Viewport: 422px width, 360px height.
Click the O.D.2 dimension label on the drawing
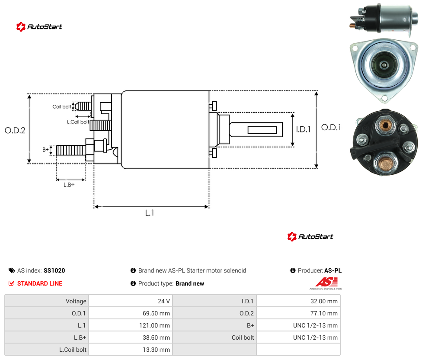click(15, 131)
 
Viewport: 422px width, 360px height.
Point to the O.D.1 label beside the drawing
click(331, 127)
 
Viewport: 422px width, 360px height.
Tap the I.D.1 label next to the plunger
click(304, 129)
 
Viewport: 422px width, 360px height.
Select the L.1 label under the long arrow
click(150, 213)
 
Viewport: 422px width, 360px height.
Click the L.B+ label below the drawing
click(69, 185)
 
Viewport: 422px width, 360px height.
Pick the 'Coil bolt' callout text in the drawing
click(62, 106)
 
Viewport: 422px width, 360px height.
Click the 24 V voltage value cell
click(164, 301)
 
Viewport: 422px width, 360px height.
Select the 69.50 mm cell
click(156, 313)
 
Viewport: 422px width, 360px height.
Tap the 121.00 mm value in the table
click(154, 325)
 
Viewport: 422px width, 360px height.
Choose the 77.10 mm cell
click(324, 313)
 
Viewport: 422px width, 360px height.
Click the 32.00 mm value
click(324, 301)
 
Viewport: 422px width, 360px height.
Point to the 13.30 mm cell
click(156, 350)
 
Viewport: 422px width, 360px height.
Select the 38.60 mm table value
click(156, 337)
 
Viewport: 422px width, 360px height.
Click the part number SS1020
click(54, 270)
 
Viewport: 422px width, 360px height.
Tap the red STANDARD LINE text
click(40, 283)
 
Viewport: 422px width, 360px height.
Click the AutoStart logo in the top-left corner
click(39, 27)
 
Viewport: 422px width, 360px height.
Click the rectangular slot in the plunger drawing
click(262, 130)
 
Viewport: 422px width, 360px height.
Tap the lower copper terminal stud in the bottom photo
click(386, 164)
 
